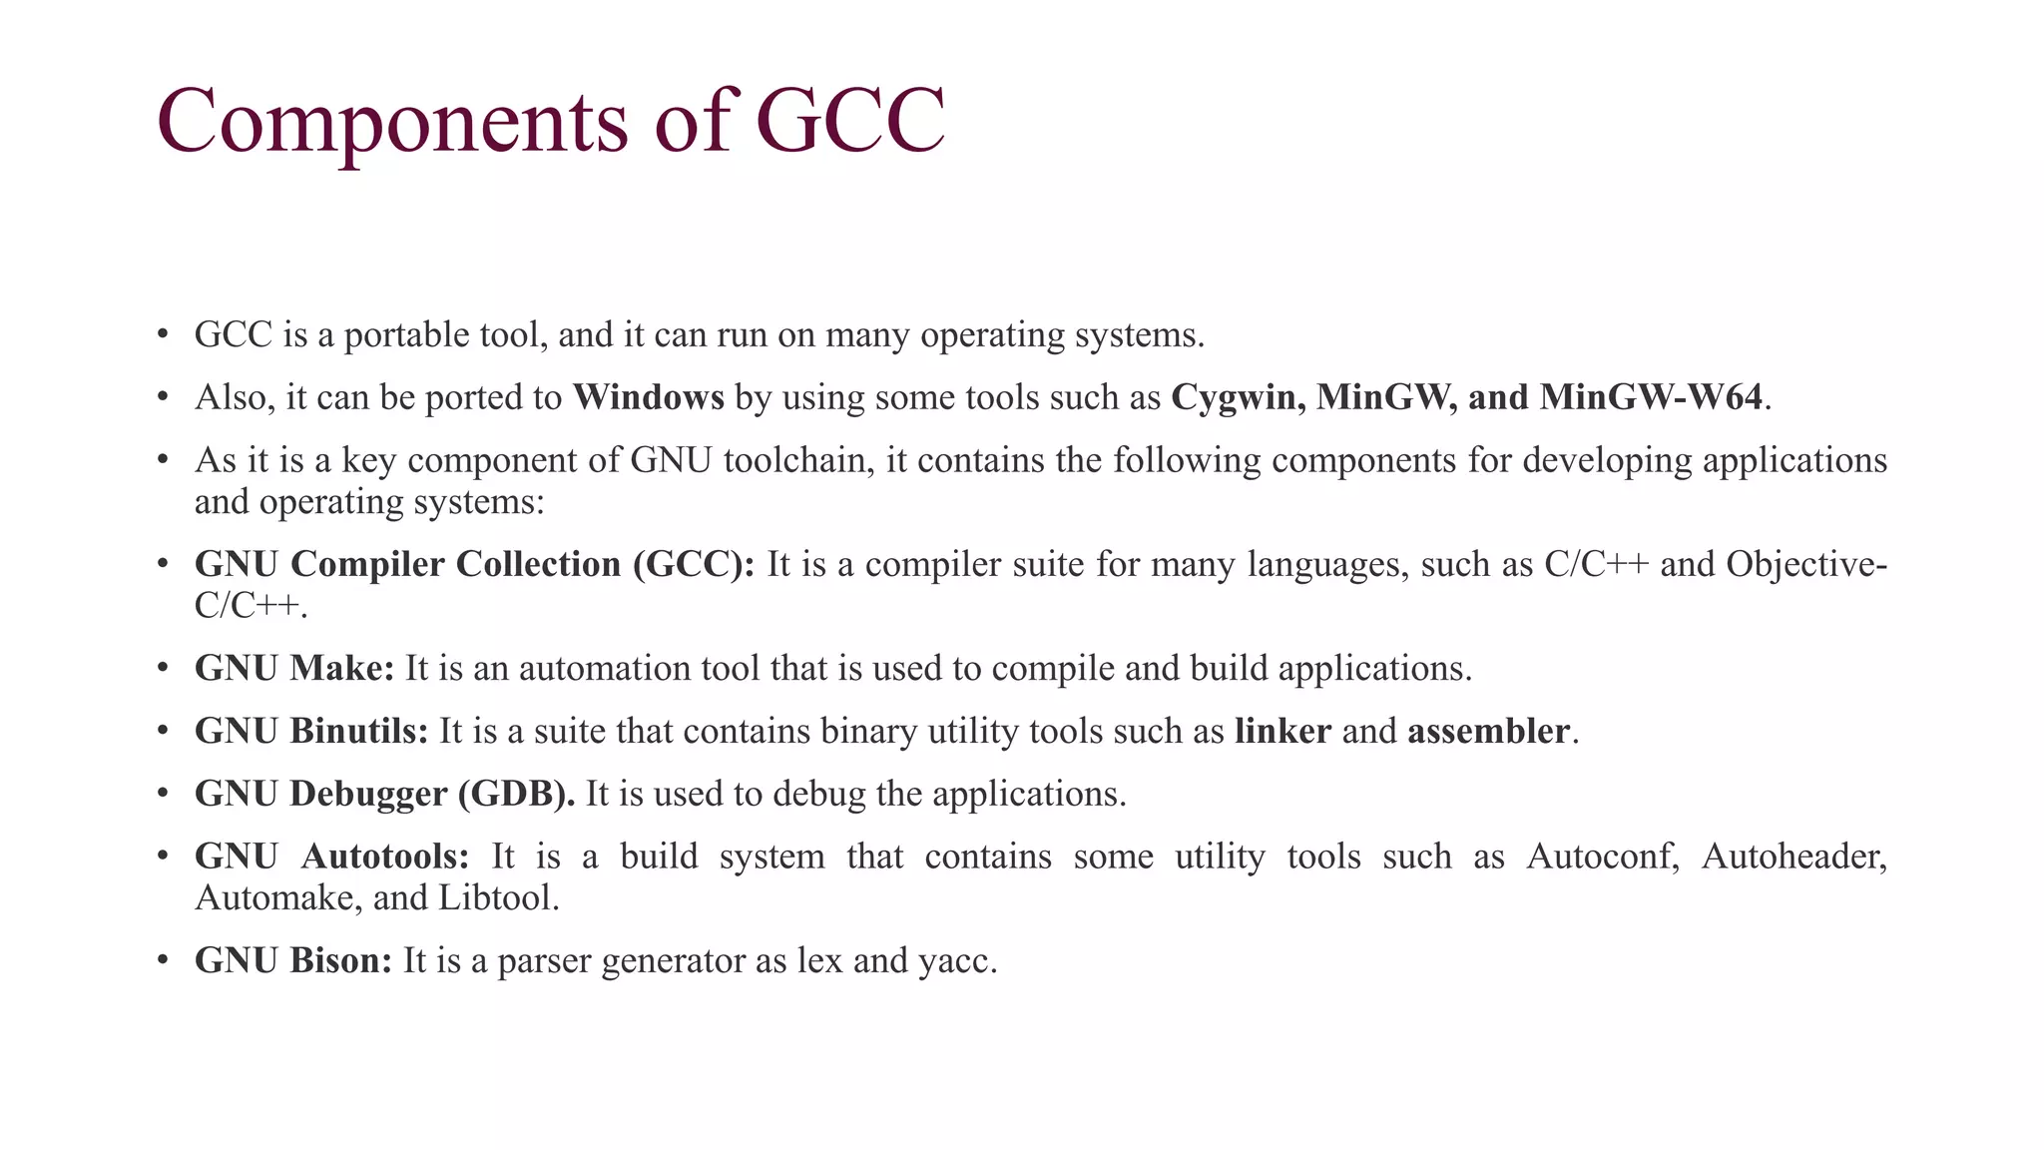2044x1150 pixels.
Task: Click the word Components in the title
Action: click(392, 122)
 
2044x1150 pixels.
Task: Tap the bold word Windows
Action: click(648, 397)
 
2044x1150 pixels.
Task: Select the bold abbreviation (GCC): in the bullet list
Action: click(694, 564)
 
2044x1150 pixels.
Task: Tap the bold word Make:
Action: click(342, 668)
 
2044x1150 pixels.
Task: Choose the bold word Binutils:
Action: click(359, 731)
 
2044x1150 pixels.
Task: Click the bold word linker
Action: click(1282, 731)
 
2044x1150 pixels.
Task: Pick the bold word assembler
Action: click(1488, 731)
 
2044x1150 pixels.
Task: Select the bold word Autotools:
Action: click(385, 857)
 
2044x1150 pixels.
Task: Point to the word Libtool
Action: click(498, 897)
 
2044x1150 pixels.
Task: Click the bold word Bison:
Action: click(341, 960)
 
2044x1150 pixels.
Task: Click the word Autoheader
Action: click(1793, 857)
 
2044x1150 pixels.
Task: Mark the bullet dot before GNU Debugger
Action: click(163, 794)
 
